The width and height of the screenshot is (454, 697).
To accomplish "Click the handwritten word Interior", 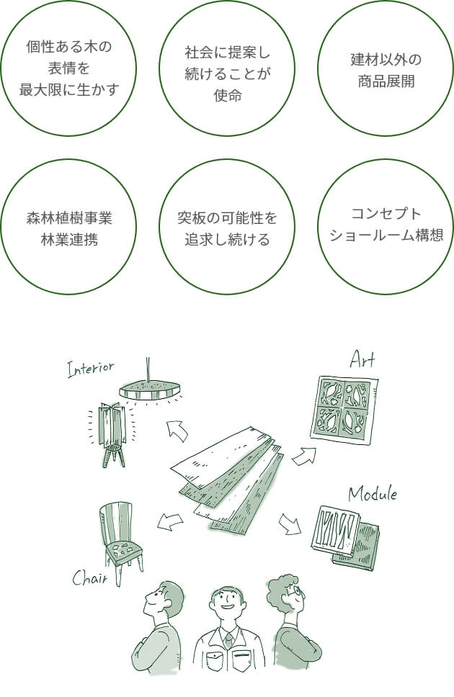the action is [90, 369].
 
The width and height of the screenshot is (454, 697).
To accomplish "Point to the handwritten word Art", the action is [362, 359].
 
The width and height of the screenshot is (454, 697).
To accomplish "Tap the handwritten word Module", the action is [372, 493].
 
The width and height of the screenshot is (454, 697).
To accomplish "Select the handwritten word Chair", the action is [90, 577].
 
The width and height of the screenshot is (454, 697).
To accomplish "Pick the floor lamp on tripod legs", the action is [112, 434].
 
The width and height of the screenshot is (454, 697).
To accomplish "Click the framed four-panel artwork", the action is [344, 409].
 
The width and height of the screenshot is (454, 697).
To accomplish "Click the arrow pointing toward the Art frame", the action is [304, 456].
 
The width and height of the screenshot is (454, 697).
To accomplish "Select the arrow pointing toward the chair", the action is [170, 521].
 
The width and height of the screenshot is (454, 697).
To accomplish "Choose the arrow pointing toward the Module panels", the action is [290, 523].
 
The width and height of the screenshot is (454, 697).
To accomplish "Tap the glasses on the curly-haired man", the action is [295, 590].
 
